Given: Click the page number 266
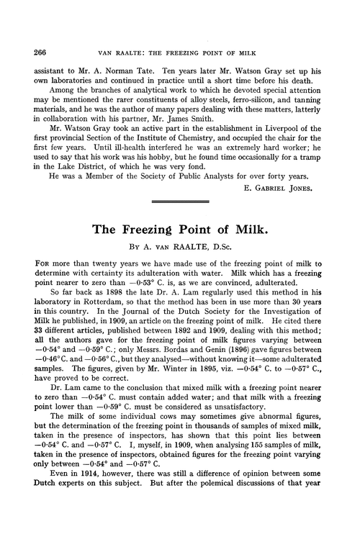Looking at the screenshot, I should pos(32,52).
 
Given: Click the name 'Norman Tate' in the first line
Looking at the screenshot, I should pos(127,73).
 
